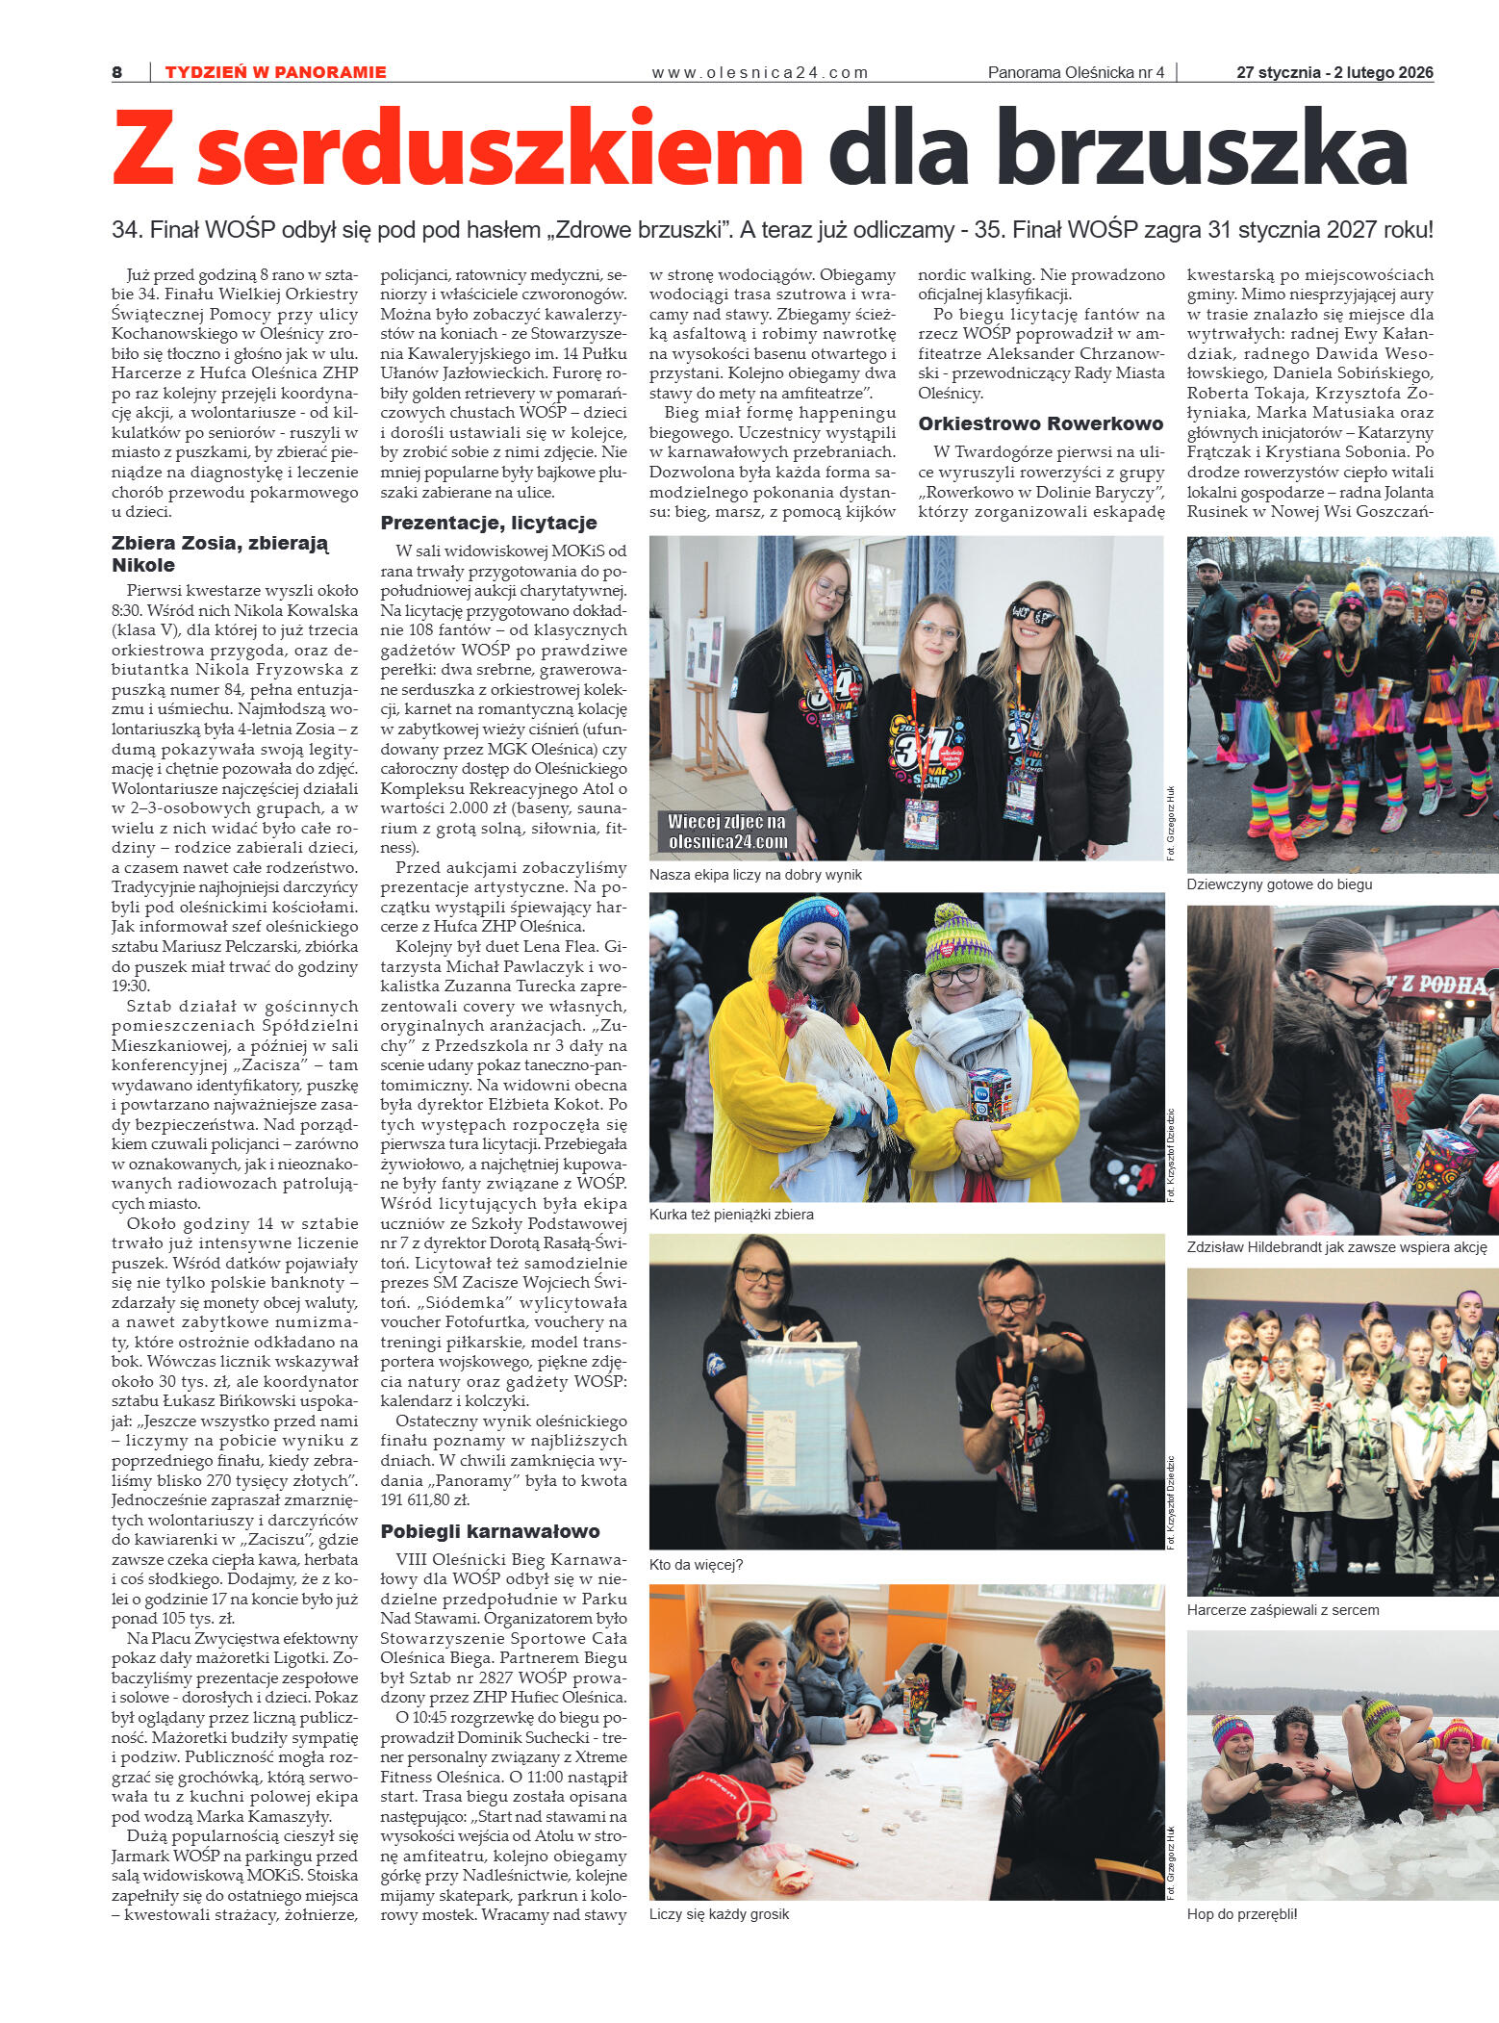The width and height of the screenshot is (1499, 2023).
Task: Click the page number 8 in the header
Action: (x=116, y=72)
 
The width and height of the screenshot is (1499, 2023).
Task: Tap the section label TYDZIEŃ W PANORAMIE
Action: (x=275, y=72)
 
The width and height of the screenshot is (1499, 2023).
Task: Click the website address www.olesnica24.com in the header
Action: (x=759, y=72)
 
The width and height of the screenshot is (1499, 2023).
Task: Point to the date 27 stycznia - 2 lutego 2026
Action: (x=1334, y=72)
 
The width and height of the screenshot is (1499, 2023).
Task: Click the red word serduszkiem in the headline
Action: (x=499, y=149)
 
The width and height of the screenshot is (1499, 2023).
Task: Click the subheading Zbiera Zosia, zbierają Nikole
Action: (x=220, y=553)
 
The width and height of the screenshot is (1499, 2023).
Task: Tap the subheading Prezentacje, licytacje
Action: (x=489, y=523)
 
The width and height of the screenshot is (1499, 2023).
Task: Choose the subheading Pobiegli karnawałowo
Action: (x=490, y=1530)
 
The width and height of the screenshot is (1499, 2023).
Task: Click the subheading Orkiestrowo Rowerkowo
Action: (x=1040, y=423)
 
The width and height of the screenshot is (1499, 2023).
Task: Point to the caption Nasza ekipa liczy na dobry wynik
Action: (x=755, y=875)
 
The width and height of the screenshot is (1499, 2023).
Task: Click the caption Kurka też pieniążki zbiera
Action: (x=731, y=1215)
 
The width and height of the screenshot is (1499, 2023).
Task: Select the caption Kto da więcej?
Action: (x=696, y=1564)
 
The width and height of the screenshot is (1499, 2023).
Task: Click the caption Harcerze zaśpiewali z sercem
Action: (x=1283, y=1609)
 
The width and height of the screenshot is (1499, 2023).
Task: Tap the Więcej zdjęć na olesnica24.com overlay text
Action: (x=727, y=832)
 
